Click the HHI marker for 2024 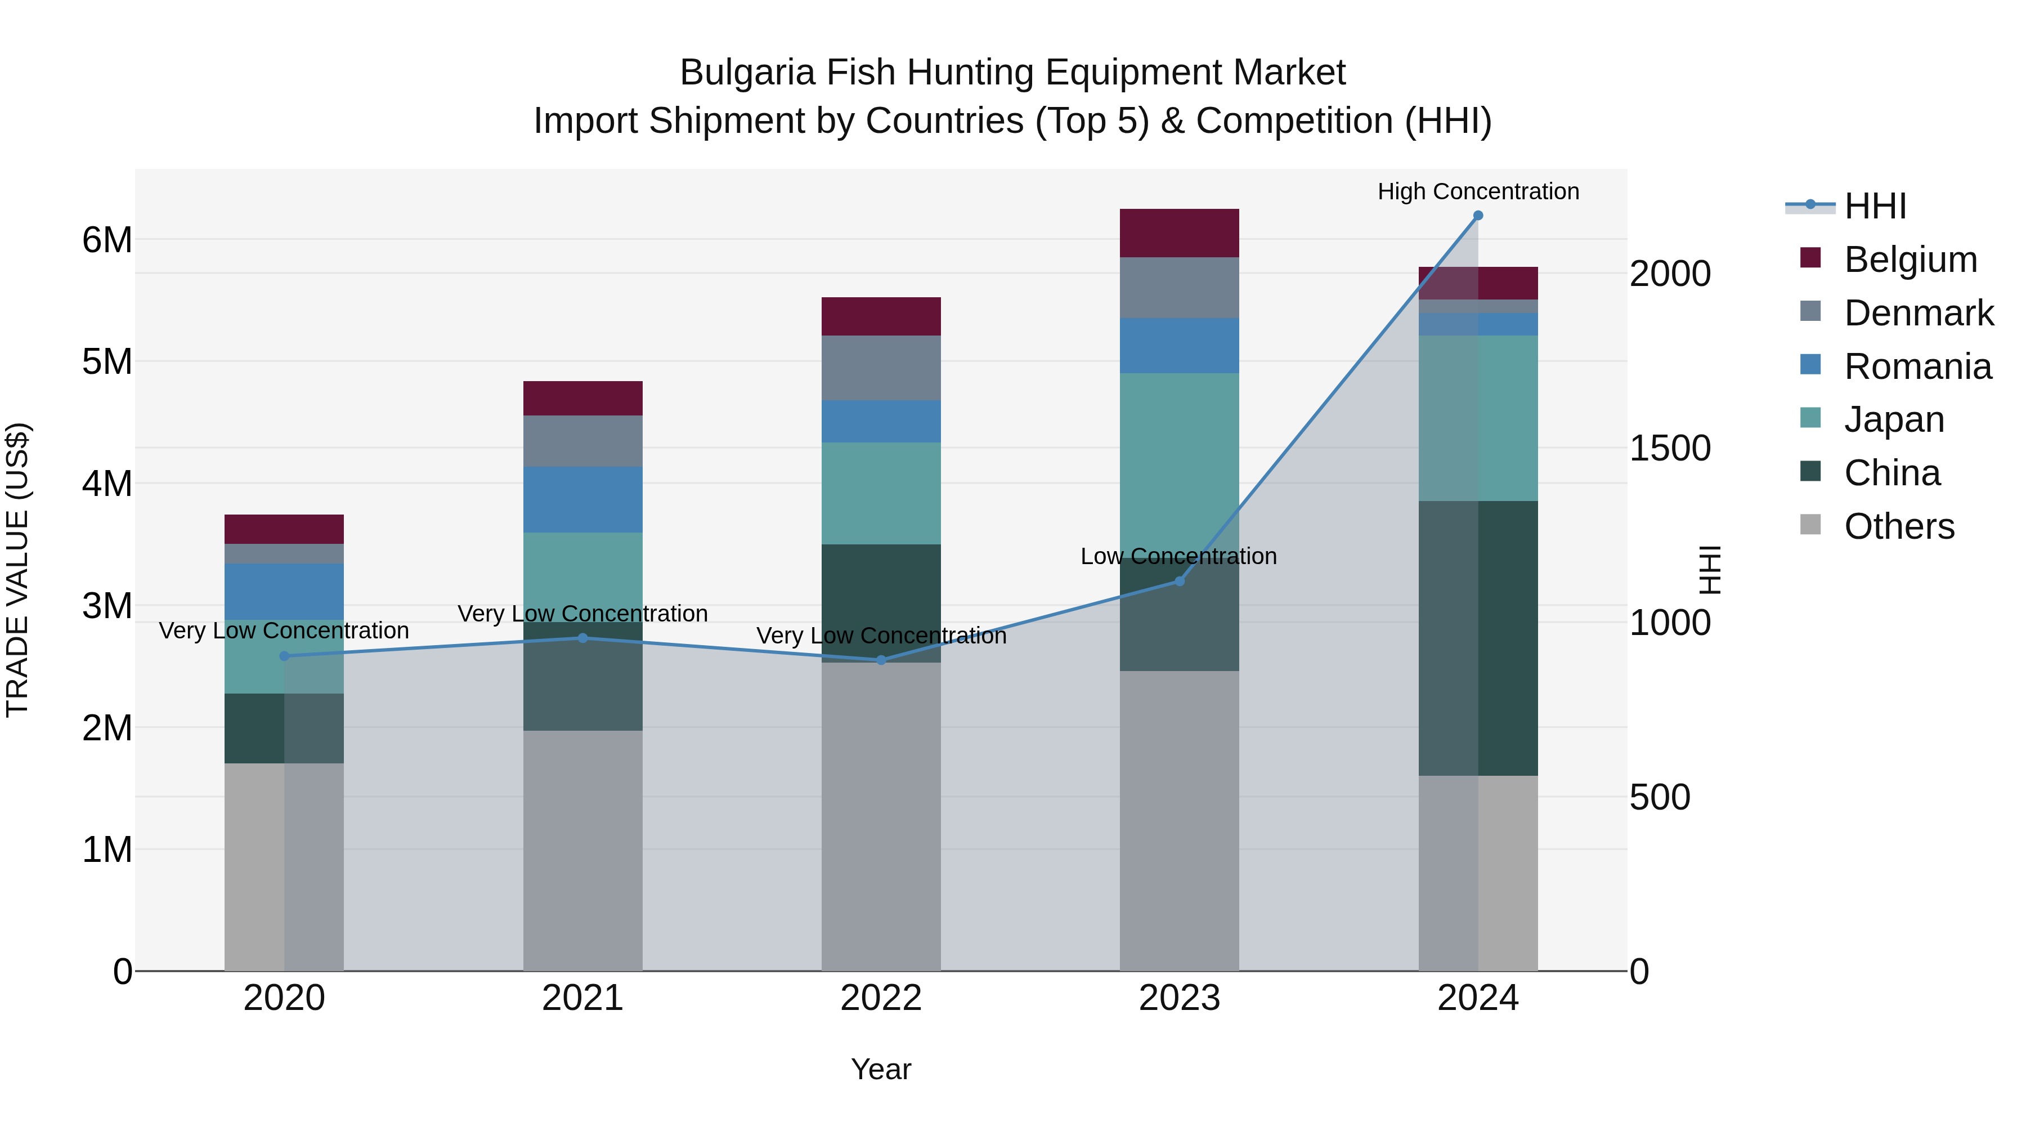click(1478, 216)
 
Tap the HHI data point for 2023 click(1179, 582)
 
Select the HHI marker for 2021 click(583, 638)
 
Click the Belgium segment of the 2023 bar click(1179, 233)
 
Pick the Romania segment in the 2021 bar click(583, 499)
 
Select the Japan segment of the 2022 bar click(881, 493)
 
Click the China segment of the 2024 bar click(1478, 638)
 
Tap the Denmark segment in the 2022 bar click(881, 368)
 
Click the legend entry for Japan click(1894, 419)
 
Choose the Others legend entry click(1899, 526)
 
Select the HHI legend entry click(1875, 206)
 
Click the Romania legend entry click(1917, 366)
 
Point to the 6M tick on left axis click(107, 240)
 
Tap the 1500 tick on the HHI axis click(1670, 449)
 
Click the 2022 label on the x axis click(881, 998)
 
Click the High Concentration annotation click(1478, 191)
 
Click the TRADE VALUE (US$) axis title click(17, 570)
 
